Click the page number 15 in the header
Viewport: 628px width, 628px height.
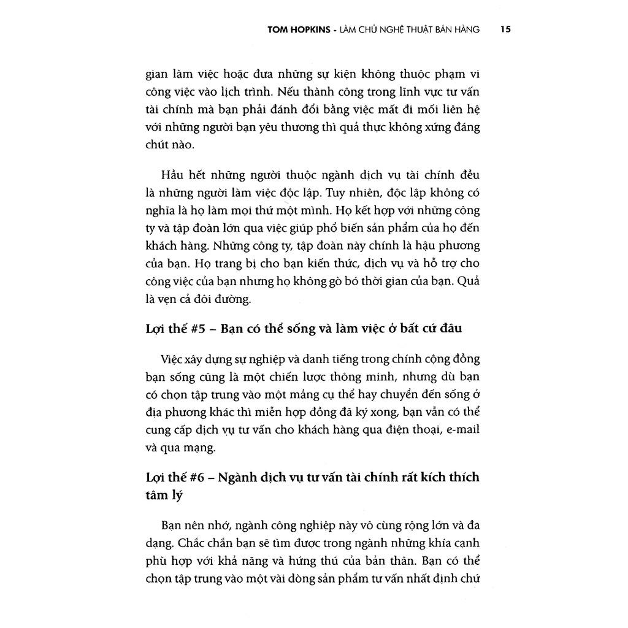[506, 29]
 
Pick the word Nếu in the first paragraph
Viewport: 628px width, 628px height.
[289, 93]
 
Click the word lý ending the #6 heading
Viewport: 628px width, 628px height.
[177, 496]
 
